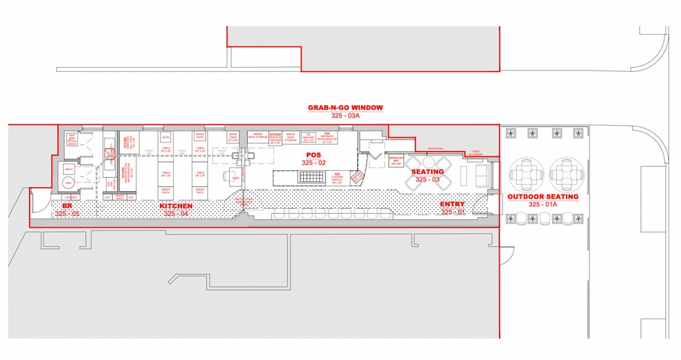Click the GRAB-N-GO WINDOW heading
point(345,108)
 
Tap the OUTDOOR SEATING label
point(543,197)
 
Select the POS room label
point(307,155)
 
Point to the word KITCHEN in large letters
point(176,206)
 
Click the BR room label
point(68,206)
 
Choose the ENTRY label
point(453,204)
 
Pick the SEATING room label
point(427,171)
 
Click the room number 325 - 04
point(176,214)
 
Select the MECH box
point(69,169)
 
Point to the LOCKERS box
point(70,197)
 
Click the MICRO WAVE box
point(199,136)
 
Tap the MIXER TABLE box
point(233,136)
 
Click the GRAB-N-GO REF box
point(397,162)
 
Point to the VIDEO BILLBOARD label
point(475,152)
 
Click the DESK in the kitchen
point(235,178)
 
